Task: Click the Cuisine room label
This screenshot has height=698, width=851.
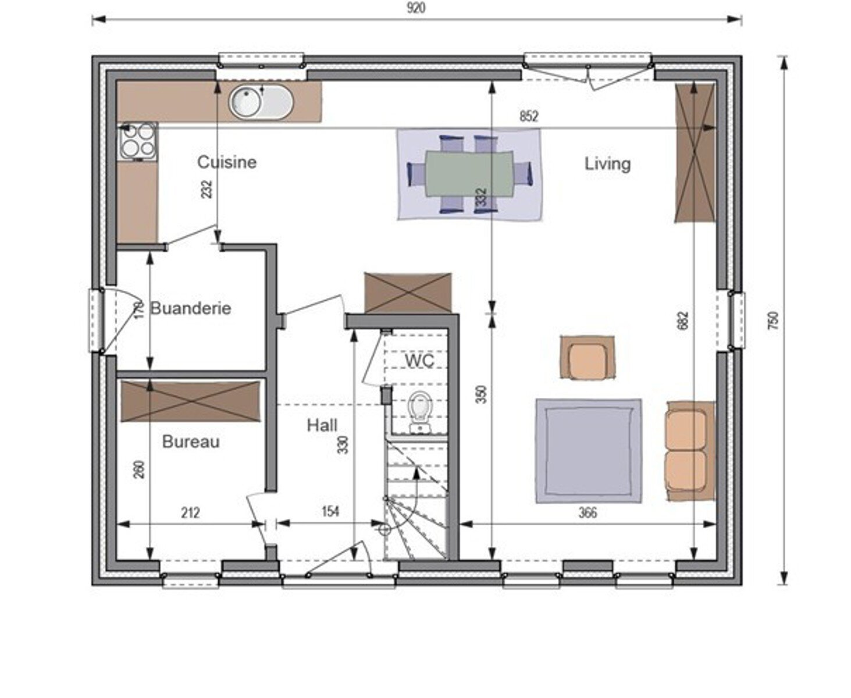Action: click(227, 162)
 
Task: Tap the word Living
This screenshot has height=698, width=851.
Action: click(608, 164)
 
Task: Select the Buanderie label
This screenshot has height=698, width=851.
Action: click(190, 308)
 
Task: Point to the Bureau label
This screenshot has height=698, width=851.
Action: click(191, 442)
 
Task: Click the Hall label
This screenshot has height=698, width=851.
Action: click(322, 425)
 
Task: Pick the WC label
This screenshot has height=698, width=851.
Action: click(419, 361)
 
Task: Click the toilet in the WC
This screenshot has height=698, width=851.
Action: click(421, 412)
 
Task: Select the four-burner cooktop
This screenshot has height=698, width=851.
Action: click(138, 140)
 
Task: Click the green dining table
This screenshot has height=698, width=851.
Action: click(469, 174)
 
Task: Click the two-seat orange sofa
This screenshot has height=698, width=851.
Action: click(690, 451)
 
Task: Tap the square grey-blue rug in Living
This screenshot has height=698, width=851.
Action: click(589, 451)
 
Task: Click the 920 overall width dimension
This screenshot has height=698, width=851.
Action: click(416, 8)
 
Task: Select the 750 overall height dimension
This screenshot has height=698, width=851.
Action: click(772, 320)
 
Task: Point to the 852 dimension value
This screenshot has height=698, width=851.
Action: click(529, 116)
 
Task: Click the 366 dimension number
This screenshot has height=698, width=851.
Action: click(587, 513)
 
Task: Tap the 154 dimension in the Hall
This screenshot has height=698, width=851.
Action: click(330, 512)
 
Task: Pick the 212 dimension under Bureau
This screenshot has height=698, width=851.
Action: click(190, 513)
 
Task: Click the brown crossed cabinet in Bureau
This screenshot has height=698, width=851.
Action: click(191, 401)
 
